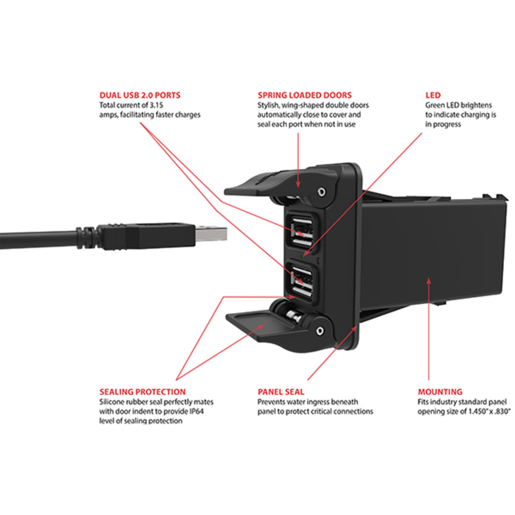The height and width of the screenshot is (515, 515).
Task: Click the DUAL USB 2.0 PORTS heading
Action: coord(140,95)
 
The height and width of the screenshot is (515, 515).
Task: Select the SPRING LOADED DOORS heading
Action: coord(304,95)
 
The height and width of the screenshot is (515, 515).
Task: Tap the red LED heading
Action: coord(433,95)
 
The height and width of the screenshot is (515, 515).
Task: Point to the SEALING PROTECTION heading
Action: coord(142,392)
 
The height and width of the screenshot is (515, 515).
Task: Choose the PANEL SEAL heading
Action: coord(281,392)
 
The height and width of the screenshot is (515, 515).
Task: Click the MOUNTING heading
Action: coord(440,392)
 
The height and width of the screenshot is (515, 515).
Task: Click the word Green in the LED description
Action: coord(434,106)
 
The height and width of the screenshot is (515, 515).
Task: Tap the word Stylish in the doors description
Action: coord(269,106)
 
